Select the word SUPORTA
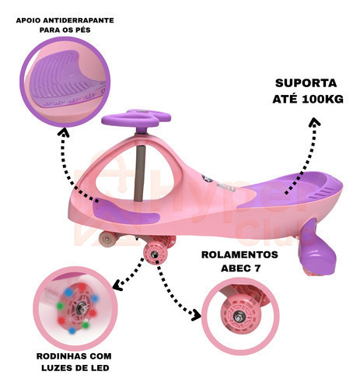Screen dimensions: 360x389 [306, 83]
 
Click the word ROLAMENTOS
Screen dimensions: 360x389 [239, 254]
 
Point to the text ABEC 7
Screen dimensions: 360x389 [241, 268]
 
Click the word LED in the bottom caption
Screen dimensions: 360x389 [100, 368]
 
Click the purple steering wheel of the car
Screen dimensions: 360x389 [136, 118]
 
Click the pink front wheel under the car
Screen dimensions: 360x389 [156, 254]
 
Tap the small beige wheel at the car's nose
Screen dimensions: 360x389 [107, 239]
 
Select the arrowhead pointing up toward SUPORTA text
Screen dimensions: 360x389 [315, 122]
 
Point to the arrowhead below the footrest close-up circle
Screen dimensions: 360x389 [63, 133]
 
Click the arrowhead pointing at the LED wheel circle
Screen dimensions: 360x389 [117, 285]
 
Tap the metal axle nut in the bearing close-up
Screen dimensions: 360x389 [238, 317]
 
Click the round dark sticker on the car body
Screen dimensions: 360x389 [208, 179]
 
